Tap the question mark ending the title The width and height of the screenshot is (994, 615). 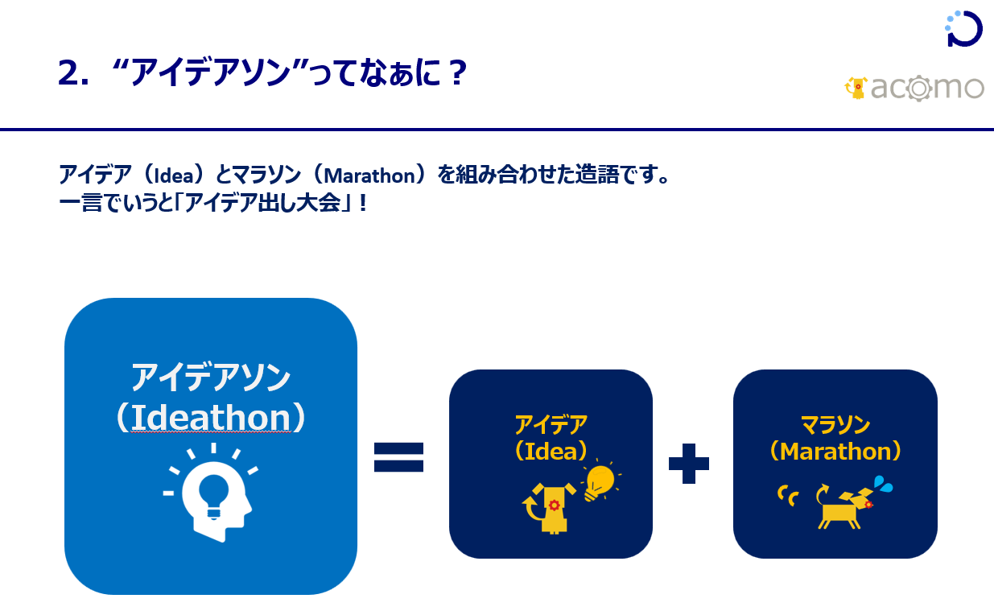click(457, 72)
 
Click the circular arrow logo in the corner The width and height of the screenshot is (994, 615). click(963, 28)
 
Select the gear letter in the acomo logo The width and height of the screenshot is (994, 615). click(919, 89)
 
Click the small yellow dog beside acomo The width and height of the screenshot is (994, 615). click(856, 88)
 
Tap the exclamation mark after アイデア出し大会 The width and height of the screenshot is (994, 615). click(364, 204)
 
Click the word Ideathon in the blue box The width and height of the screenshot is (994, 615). click(211, 418)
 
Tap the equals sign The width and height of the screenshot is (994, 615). click(398, 457)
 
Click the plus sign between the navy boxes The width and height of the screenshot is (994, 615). click(689, 463)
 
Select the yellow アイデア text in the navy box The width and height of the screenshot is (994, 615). click(551, 424)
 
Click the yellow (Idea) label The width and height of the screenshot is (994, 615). click(551, 451)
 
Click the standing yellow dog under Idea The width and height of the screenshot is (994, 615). click(550, 509)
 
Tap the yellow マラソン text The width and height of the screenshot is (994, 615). click(835, 424)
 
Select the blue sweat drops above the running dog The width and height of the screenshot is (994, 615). click(883, 484)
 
